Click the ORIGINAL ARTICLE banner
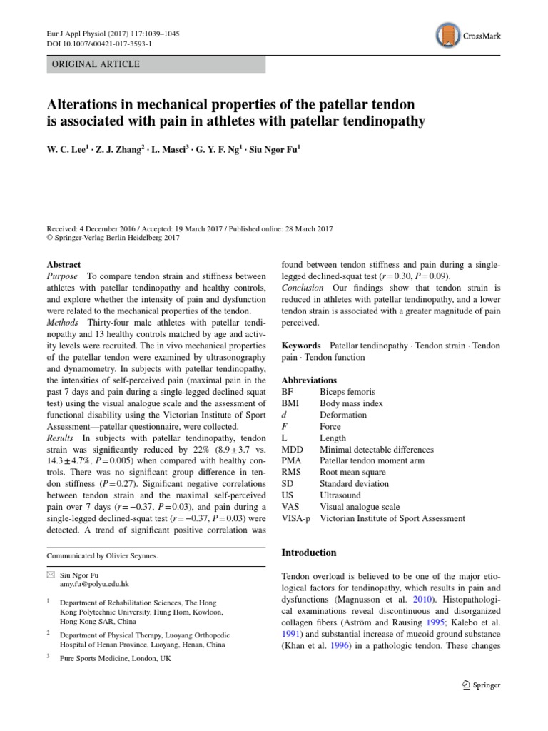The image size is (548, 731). tap(156, 64)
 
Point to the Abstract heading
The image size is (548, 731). tap(64, 264)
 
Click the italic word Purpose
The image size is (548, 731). tap(63, 276)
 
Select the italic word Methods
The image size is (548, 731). tap(63, 322)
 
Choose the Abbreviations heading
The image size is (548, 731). tap(309, 380)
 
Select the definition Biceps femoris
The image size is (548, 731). tap(347, 392)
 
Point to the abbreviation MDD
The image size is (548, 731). tap(293, 449)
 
